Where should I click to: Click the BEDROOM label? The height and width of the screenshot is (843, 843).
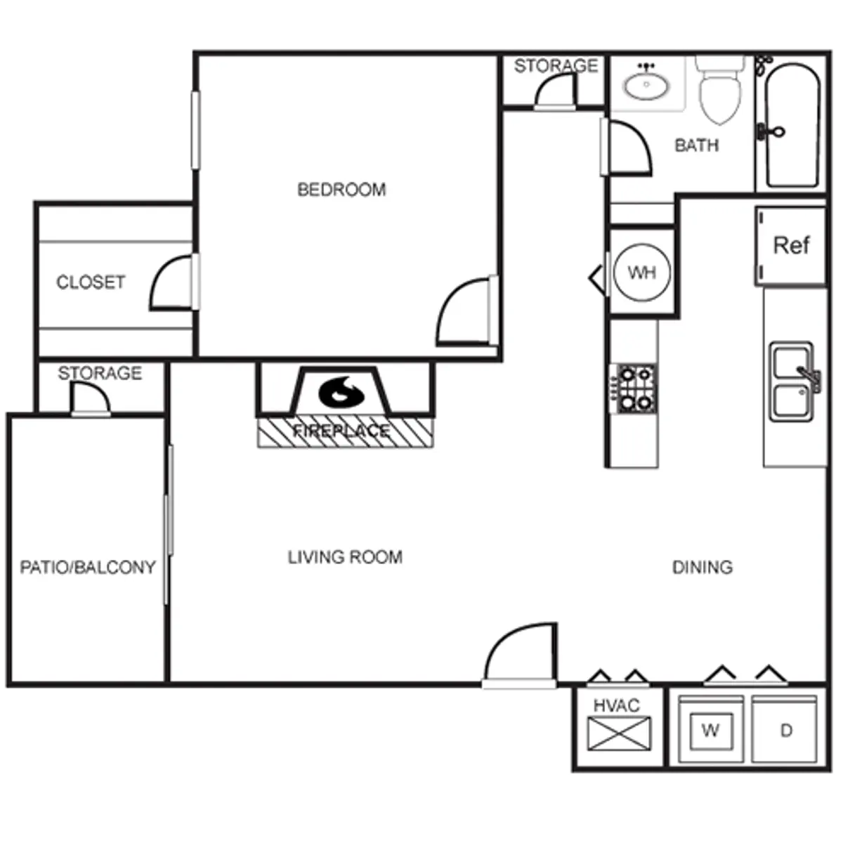[341, 190]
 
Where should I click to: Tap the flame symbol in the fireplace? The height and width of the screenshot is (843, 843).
[341, 393]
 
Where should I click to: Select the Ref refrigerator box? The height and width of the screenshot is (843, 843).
[791, 247]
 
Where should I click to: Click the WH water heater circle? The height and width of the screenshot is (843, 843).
[642, 273]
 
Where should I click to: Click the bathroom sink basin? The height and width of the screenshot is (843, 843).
[646, 85]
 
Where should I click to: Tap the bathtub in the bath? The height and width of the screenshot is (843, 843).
[792, 126]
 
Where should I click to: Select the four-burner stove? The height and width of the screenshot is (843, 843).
[634, 388]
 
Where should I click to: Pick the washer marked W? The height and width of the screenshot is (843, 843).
[711, 730]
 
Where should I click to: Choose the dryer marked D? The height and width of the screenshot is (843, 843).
[785, 730]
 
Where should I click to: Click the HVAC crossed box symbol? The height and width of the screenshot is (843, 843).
[619, 733]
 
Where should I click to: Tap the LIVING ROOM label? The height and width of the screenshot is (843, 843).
[345, 558]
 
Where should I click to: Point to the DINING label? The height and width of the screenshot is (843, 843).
[702, 568]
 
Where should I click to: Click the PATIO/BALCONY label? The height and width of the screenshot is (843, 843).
[88, 568]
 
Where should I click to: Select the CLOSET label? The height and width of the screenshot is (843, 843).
[91, 282]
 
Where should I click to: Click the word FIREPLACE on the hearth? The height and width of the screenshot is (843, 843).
[341, 431]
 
